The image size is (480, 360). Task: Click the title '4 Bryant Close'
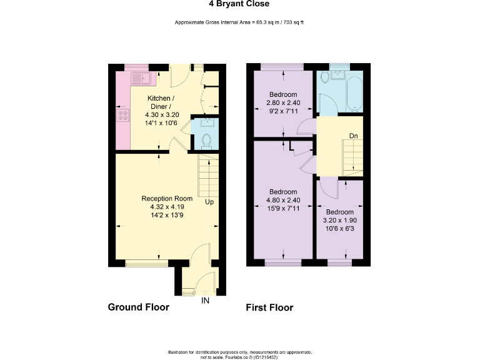(239, 4)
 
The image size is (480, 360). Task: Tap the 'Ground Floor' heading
(139, 307)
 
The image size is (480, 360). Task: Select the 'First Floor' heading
(269, 307)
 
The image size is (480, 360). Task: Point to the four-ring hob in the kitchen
(123, 115)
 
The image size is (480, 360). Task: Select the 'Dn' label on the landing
(353, 136)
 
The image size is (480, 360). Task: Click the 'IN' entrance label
(205, 301)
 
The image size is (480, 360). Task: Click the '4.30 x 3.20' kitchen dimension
(161, 115)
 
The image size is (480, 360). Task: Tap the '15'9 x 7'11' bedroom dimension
(283, 209)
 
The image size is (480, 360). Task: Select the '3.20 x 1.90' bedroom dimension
(339, 221)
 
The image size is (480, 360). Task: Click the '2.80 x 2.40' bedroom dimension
(283, 102)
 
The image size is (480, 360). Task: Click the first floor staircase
(352, 156)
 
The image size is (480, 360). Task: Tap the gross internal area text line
(239, 22)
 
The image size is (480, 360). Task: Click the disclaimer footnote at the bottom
(239, 354)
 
